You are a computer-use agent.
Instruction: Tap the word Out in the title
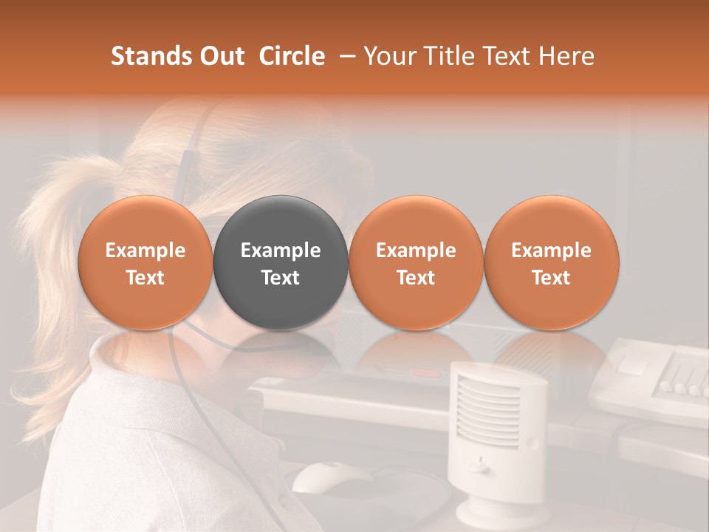221,56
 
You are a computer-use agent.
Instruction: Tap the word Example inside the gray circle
281,250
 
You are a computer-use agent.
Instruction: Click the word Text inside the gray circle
281,278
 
